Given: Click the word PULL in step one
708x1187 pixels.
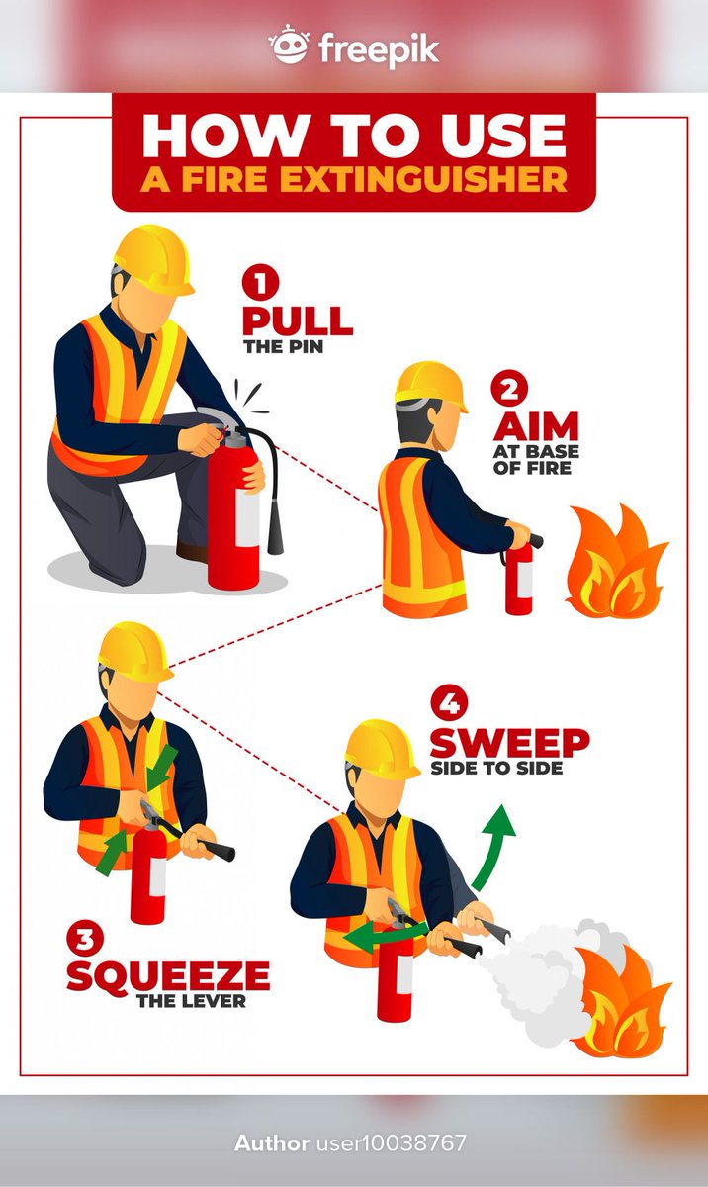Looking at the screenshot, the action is click(x=298, y=320).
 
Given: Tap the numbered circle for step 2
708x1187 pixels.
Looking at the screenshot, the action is click(x=509, y=389).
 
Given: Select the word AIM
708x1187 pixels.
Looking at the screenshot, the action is click(x=536, y=426).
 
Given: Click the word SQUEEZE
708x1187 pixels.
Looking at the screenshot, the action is click(x=168, y=975).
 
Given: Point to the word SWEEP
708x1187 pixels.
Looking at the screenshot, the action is click(x=510, y=743).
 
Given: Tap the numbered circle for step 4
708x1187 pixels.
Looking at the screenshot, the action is click(x=449, y=703).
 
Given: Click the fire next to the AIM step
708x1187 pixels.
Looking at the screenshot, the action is click(x=616, y=562).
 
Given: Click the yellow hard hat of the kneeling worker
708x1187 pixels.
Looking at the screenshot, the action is click(x=153, y=259).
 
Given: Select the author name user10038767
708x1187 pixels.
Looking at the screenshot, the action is click(x=392, y=1143).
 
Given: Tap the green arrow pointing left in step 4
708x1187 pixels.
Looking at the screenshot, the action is click(x=386, y=936).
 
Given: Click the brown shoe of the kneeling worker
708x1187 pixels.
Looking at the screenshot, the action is click(x=192, y=552).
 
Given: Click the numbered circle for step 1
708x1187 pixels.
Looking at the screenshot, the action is click(x=260, y=283).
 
